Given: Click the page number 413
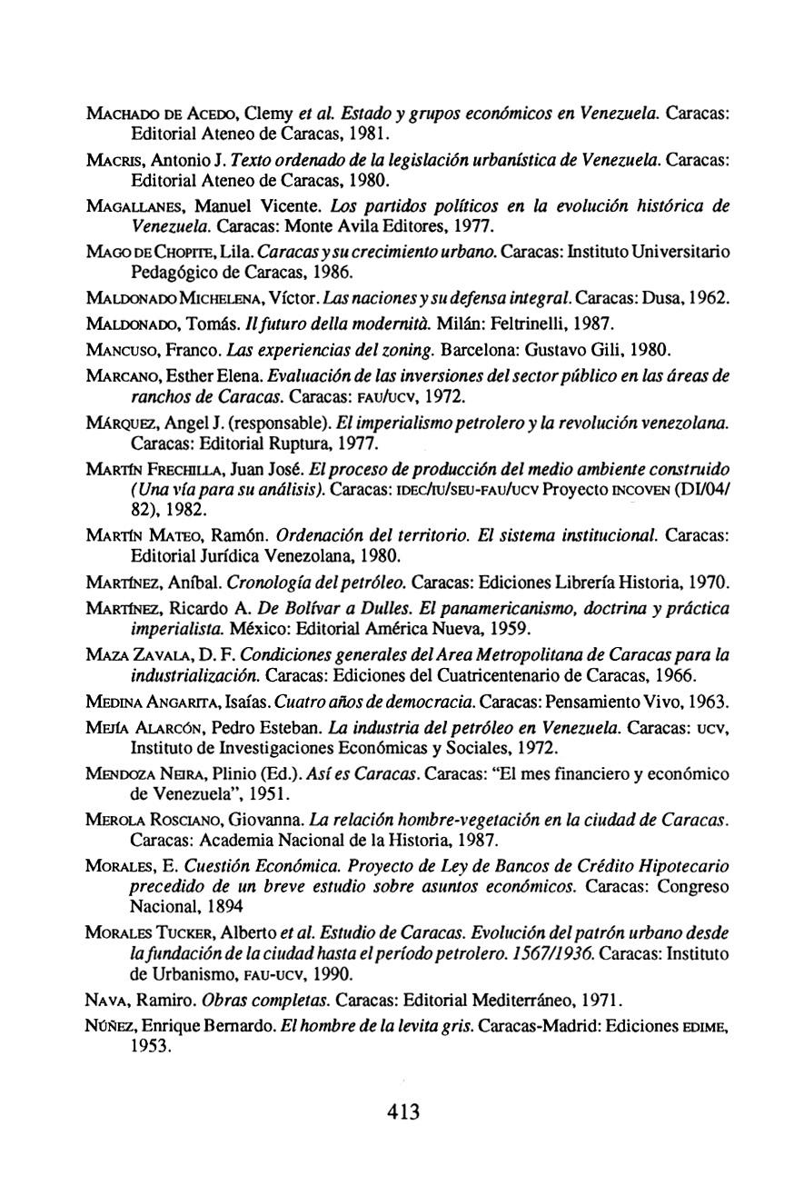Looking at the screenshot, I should click(x=402, y=1112).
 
